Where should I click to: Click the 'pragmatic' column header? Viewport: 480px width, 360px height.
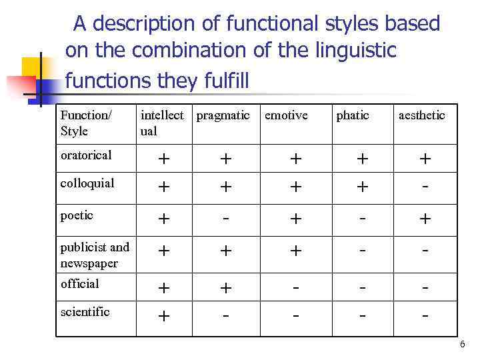pyautogui.click(x=223, y=116)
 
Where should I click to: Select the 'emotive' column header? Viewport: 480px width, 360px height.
pyautogui.click(x=286, y=116)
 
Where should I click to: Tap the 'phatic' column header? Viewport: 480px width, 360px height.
pyautogui.click(x=352, y=116)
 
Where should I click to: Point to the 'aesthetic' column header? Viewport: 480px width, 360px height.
pyautogui.click(x=421, y=116)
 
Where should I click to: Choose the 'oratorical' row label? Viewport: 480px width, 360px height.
pyautogui.click(x=86, y=155)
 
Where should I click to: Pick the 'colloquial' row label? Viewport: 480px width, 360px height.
pyautogui.click(x=87, y=183)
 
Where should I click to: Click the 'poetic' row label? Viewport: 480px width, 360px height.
pyautogui.click(x=77, y=215)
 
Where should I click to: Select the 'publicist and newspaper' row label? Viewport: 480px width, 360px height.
pyautogui.click(x=95, y=255)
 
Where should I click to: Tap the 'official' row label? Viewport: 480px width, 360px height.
pyautogui.click(x=79, y=284)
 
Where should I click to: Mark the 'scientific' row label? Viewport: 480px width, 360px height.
pyautogui.click(x=85, y=312)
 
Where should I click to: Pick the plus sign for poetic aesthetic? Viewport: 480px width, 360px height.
pyautogui.click(x=423, y=219)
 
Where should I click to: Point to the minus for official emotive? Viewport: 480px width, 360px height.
pyautogui.click(x=293, y=287)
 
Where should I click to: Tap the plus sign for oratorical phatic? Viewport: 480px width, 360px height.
pyautogui.click(x=361, y=159)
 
